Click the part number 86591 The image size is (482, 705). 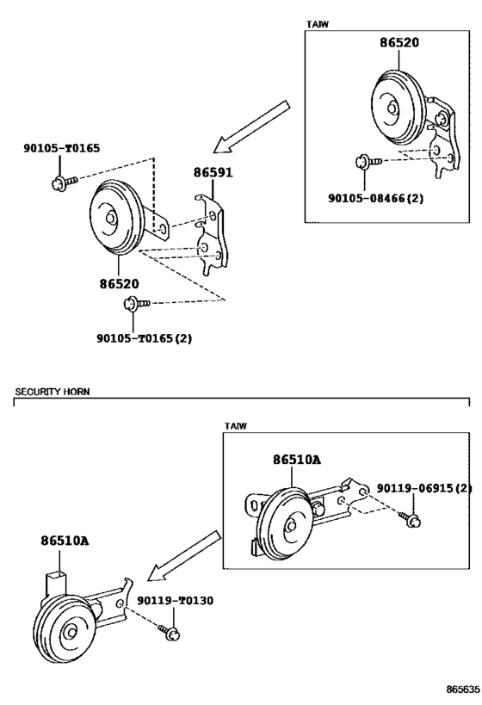[x=213, y=172]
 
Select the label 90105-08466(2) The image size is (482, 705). [x=375, y=198]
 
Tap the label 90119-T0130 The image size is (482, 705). [x=175, y=600]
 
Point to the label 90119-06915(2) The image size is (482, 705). [x=424, y=488]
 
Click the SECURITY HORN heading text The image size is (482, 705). [x=53, y=392]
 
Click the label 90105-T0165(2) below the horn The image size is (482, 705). [x=144, y=338]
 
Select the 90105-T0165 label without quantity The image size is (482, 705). [x=62, y=148]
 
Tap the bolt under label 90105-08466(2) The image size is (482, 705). [x=368, y=162]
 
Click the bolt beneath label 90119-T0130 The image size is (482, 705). [x=169, y=632]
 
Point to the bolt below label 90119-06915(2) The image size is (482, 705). [x=411, y=519]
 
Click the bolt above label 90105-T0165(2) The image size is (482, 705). [x=137, y=304]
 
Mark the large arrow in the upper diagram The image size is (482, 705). [x=251, y=127]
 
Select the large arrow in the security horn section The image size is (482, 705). [x=184, y=555]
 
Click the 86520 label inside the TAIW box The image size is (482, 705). [x=399, y=42]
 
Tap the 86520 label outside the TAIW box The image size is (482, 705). [x=119, y=284]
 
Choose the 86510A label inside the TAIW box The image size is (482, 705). [x=297, y=460]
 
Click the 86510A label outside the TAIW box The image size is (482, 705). [x=65, y=540]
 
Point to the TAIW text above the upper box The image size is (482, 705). [x=318, y=24]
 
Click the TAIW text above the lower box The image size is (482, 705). [x=236, y=426]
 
